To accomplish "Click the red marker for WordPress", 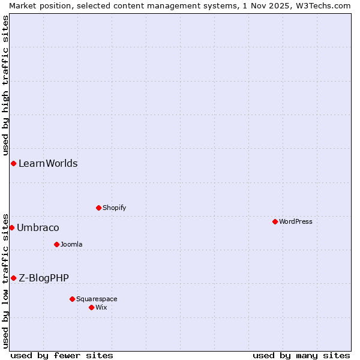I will pyautogui.click(x=275, y=221).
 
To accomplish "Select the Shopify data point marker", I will pyautogui.click(x=98, y=208).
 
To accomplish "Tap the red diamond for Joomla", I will pyautogui.click(x=56, y=244).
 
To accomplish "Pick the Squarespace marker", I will pyautogui.click(x=72, y=299).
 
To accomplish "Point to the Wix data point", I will pyautogui.click(x=91, y=307).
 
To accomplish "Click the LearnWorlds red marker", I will pyautogui.click(x=13, y=163).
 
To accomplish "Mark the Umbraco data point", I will pyautogui.click(x=11, y=227).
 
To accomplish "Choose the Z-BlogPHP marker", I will pyautogui.click(x=13, y=278).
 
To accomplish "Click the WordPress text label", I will pyautogui.click(x=296, y=221).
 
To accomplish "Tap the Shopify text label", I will pyautogui.click(x=114, y=208).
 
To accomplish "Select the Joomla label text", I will pyautogui.click(x=71, y=244).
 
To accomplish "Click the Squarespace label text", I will pyautogui.click(x=97, y=299).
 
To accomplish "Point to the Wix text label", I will pyautogui.click(x=101, y=307).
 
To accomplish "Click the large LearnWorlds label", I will pyautogui.click(x=48, y=163).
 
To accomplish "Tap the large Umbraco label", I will pyautogui.click(x=38, y=227).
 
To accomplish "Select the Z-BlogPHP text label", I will pyautogui.click(x=44, y=278).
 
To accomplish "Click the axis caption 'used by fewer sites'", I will pyautogui.click(x=62, y=355).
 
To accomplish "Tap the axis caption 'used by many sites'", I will pyautogui.click(x=301, y=355).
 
